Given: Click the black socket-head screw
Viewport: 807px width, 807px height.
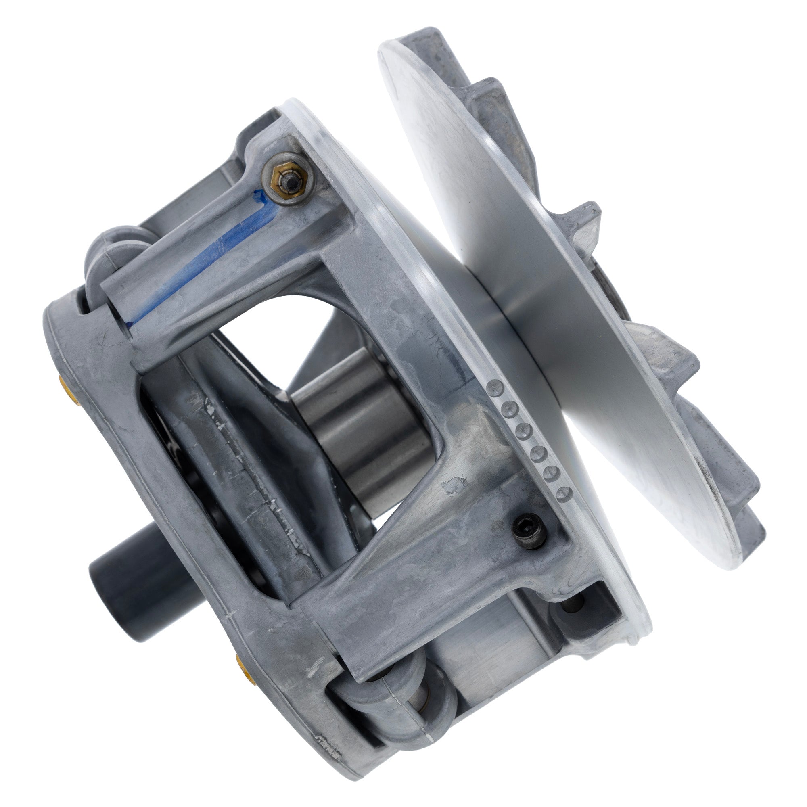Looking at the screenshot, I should tap(529, 531).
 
